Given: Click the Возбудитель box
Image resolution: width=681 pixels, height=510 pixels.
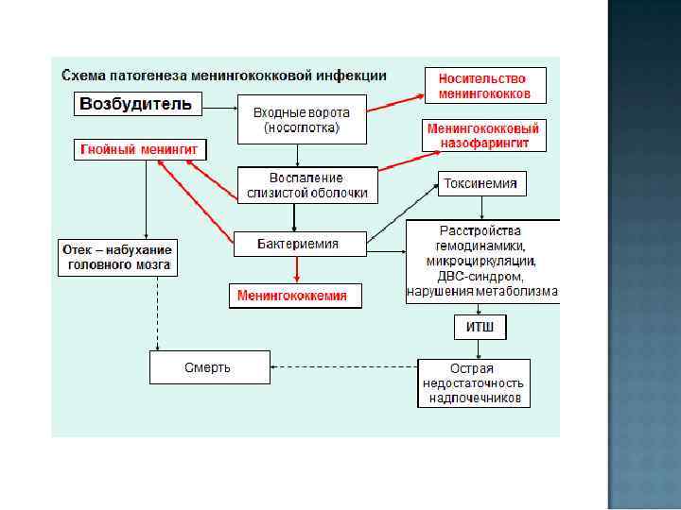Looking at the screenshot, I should point(138,104).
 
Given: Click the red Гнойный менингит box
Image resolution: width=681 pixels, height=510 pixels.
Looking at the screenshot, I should point(141,150).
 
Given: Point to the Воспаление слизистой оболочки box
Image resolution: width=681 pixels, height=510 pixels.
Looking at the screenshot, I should point(307,185).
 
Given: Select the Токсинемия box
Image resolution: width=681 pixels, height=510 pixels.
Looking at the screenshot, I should point(481,184).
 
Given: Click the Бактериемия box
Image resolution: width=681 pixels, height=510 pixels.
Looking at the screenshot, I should point(298,244).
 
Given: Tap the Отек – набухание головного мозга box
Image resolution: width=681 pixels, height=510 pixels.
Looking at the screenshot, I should point(116,257).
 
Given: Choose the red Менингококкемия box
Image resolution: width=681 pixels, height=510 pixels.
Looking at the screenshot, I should point(292,296).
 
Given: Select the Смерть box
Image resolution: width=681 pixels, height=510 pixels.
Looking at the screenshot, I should point(208,367).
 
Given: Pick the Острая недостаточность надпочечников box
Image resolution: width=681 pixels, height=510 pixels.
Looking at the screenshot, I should point(474,383).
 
